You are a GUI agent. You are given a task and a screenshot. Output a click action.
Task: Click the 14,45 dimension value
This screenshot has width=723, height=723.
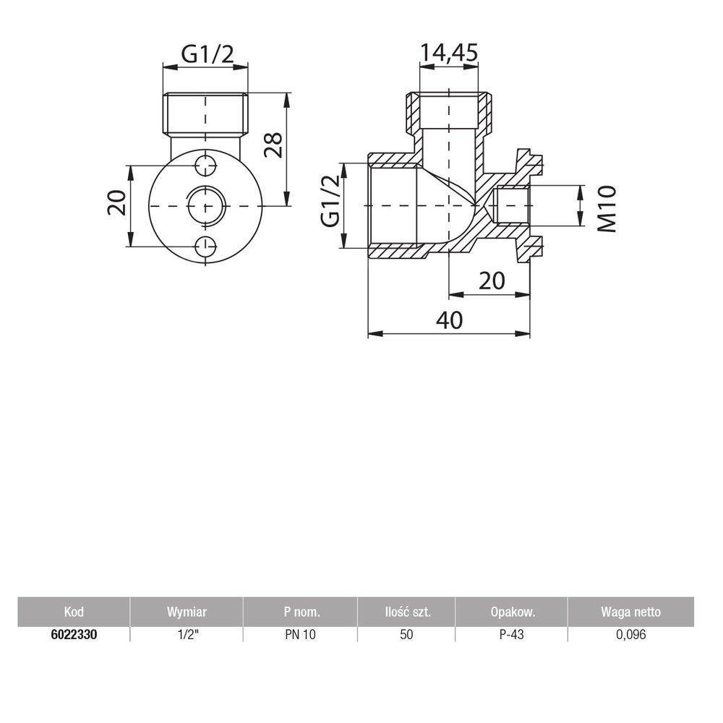pos(449,54)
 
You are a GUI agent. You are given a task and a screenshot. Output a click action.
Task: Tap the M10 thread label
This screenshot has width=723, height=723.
pos(607,208)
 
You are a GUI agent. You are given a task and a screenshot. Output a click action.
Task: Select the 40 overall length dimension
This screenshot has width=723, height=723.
pos(450,320)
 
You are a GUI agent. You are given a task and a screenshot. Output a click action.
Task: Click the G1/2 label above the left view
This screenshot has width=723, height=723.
pos(208,54)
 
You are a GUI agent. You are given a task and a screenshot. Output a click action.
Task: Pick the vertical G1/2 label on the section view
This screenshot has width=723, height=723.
pos(330,202)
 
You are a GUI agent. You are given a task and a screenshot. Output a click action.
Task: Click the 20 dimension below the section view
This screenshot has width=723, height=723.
pos(492,281)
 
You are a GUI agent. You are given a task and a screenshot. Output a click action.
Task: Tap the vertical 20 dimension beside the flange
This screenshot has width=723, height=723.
pos(116,203)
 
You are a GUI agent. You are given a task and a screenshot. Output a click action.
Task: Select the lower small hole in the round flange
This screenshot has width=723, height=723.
pos(205,247)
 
